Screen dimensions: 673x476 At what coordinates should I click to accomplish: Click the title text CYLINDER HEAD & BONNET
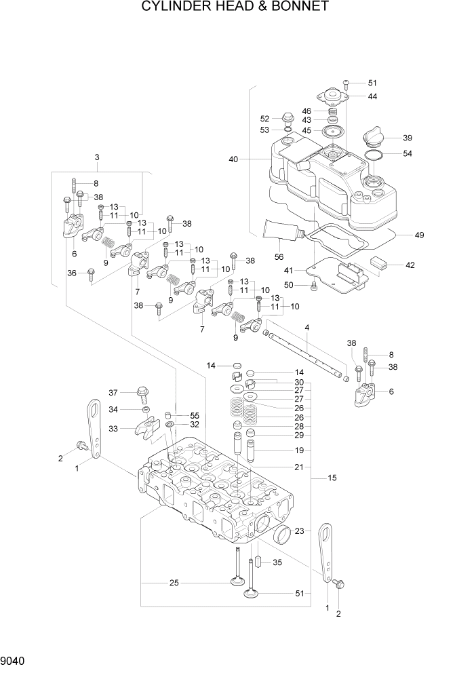pos(235,7)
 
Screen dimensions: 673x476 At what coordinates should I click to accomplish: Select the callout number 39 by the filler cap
pos(408,138)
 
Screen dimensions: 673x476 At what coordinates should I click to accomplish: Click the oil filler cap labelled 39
pos(374,136)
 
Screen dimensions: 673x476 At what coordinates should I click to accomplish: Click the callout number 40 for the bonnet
pos(234,159)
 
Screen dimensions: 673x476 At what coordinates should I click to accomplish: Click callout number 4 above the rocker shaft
pos(307,329)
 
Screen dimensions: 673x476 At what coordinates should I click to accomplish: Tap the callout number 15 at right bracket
pos(332,478)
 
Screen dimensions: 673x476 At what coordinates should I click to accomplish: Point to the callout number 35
pos(277,562)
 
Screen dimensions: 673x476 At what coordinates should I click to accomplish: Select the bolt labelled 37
pos(143,393)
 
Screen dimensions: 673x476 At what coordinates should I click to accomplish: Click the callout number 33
pos(113,428)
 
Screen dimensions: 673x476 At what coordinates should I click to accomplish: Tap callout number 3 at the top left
pos(97,157)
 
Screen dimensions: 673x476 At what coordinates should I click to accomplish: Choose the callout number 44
pos(372,96)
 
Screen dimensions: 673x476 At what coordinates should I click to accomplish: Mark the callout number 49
pos(419,235)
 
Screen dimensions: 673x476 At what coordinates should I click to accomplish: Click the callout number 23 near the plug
pos(298,531)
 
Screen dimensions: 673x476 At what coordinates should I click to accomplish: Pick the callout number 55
pos(195,415)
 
